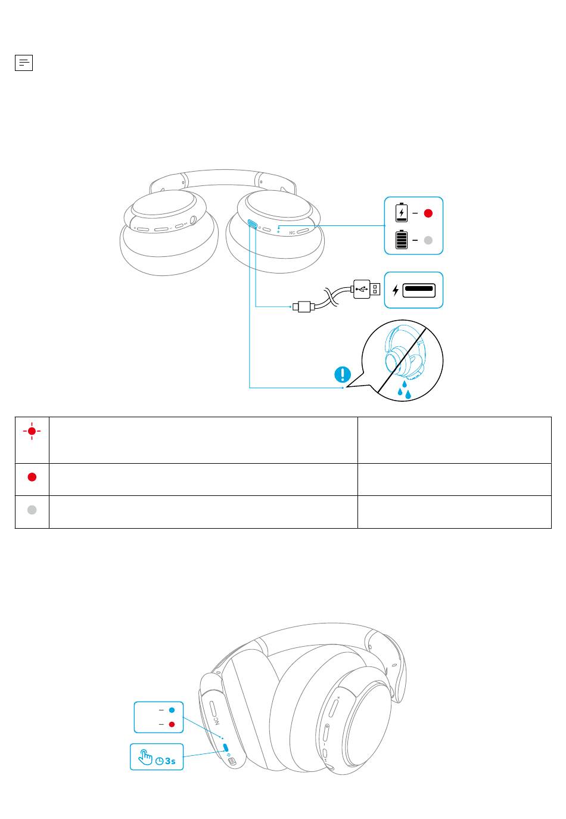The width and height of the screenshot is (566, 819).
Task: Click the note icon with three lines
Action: point(24,63)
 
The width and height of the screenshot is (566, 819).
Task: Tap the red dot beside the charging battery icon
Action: point(428,213)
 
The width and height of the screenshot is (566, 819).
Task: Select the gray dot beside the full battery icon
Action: point(428,240)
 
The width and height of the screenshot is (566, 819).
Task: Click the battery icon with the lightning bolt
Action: point(401,212)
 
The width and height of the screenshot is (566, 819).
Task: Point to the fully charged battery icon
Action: point(401,240)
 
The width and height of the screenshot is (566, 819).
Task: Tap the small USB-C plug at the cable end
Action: point(304,306)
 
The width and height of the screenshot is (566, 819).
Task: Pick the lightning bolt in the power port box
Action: point(396,290)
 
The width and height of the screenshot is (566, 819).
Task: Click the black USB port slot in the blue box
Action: point(419,290)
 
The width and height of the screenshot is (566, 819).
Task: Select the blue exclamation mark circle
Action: point(343,374)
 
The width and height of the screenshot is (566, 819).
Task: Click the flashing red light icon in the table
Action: point(32,431)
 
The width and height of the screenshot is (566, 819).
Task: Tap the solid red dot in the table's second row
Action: point(32,477)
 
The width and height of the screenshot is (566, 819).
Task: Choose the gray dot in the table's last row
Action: point(32,510)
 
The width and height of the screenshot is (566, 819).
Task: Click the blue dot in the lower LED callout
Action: point(172,710)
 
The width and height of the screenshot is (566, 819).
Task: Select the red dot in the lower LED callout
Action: point(172,724)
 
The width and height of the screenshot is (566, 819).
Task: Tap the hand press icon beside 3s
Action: point(145,757)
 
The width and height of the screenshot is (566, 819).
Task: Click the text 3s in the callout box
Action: point(170,761)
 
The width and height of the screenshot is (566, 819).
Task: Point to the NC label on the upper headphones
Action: point(291,233)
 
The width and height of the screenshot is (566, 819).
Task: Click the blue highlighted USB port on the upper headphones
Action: point(252,224)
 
